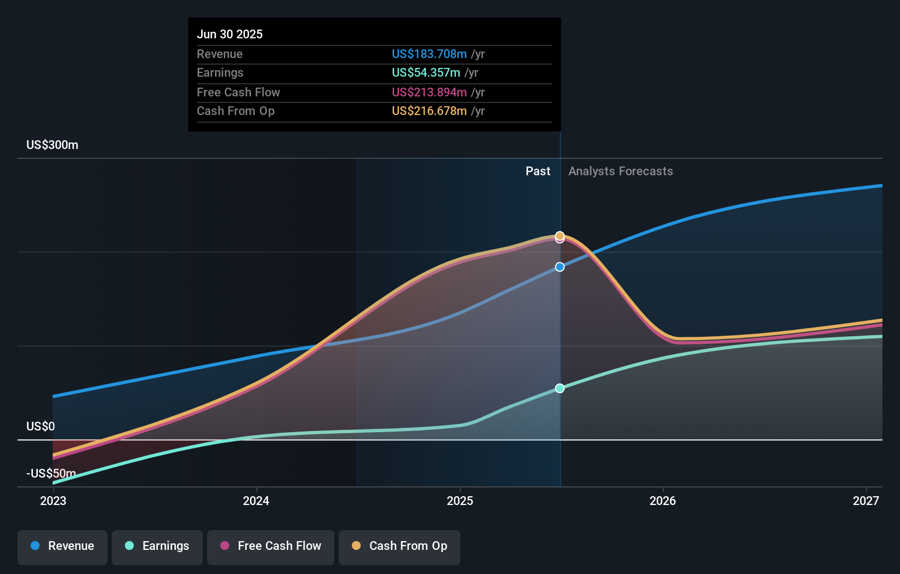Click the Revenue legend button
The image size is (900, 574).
62,546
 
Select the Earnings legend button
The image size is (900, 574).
157,546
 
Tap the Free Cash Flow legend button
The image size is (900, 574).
271,546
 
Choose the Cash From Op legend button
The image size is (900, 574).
400,546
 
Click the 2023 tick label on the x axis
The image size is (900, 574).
53,501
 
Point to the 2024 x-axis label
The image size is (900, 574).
256,501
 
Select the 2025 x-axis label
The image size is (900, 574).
460,501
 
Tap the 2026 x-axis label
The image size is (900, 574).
663,501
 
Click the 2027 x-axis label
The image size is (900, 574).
865,501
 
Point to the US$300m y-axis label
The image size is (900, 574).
52,145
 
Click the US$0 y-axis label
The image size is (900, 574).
41,426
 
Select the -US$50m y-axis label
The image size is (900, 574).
51,473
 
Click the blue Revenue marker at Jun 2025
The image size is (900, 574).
560,267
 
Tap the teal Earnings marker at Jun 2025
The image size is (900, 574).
560,388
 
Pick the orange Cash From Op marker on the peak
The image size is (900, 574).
560,236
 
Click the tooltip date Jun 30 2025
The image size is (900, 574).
230,34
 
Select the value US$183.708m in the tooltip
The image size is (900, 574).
429,54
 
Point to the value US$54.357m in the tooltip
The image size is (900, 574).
426,72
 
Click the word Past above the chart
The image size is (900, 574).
538,171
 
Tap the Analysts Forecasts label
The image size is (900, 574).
620,171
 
